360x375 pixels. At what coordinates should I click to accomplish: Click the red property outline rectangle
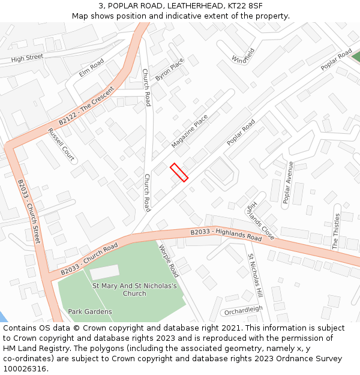coord(179,172)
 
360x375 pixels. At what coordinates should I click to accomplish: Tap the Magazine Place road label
coord(189,131)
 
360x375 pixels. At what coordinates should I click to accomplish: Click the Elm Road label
coord(91,68)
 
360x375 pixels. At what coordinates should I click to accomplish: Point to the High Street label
coord(27,58)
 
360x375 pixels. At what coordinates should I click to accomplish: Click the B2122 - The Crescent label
coord(86,108)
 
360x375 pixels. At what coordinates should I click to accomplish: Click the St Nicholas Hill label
coord(256,276)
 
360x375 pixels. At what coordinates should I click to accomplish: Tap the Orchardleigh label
coord(243,310)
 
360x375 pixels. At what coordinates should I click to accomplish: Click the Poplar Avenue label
coord(288,183)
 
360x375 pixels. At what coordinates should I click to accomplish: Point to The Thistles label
coord(336,231)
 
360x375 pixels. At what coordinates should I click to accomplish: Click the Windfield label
coord(244,55)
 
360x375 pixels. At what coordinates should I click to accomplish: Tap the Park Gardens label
coord(90,311)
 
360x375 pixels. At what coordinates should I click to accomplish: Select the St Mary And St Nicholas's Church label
coord(134,290)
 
